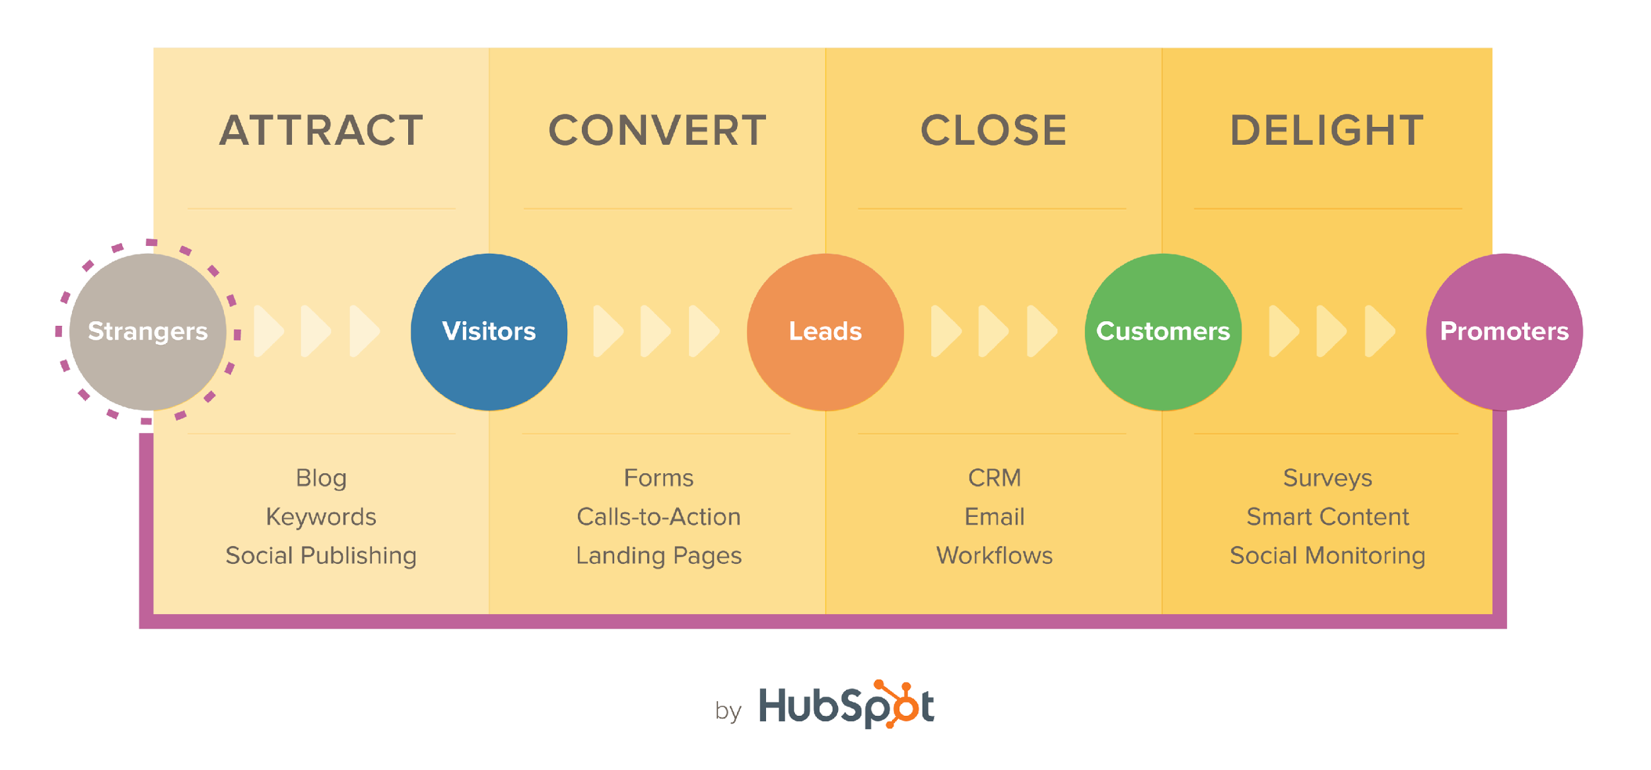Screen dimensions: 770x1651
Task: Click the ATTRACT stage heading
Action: [x=321, y=130]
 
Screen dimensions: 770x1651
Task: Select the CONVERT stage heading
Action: [x=657, y=130]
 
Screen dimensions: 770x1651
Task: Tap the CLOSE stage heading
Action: [x=993, y=130]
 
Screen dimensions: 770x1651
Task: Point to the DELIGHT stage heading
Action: [x=1327, y=130]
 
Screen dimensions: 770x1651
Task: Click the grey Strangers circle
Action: [x=148, y=332]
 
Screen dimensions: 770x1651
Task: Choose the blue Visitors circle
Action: [x=489, y=332]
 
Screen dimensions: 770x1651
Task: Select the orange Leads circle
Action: [x=825, y=332]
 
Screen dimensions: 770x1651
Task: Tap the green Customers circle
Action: [x=1163, y=332]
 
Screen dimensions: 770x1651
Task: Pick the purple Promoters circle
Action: [x=1504, y=332]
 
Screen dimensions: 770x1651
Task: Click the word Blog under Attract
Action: [x=321, y=478]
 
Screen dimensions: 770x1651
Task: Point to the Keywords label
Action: [x=321, y=517]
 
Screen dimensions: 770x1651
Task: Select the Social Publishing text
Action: [x=321, y=556]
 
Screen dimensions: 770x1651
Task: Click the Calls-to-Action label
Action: [x=658, y=517]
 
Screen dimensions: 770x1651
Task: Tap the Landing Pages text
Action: [x=658, y=556]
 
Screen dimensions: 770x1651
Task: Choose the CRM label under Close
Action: [x=995, y=478]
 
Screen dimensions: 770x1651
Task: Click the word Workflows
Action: [x=995, y=556]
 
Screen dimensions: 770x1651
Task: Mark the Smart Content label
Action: [x=1327, y=517]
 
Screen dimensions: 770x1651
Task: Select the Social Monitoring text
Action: [x=1327, y=556]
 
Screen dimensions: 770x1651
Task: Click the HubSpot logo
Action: [x=847, y=705]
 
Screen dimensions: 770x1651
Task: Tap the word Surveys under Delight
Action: [x=1327, y=478]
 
